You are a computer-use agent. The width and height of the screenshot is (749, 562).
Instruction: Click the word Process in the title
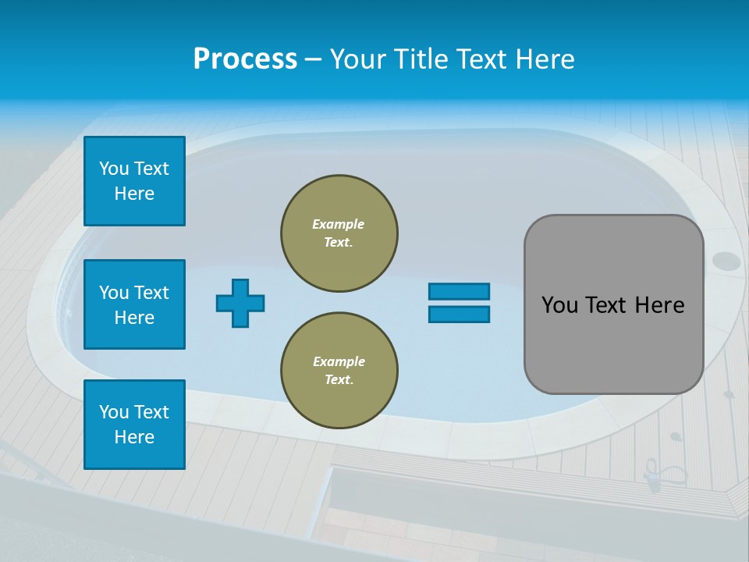[245, 59]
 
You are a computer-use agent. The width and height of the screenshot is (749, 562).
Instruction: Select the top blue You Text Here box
[134, 181]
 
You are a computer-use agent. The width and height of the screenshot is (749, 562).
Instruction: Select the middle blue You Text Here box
[134, 304]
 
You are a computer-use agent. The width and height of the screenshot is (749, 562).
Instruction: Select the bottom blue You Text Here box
[134, 425]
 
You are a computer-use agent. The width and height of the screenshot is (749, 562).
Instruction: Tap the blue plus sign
[240, 303]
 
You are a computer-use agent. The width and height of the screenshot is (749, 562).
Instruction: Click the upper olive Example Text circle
[339, 233]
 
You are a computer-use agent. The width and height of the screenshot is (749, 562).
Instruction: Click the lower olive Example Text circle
[339, 371]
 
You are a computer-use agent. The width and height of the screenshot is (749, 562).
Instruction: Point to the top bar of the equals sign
[459, 291]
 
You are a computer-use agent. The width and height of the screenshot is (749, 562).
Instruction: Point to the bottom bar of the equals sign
[459, 314]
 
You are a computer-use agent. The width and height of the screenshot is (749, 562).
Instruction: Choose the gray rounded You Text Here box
[613, 304]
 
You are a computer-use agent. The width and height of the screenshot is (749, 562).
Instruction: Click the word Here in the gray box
[660, 305]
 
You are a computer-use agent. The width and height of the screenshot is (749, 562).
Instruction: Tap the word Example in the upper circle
[339, 224]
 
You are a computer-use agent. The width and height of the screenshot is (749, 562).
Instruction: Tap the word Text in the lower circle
[339, 379]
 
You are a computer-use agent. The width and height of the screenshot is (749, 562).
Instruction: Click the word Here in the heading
[545, 59]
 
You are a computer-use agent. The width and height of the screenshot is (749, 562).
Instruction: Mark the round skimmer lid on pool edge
[726, 261]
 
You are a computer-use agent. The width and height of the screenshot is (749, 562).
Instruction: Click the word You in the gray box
[560, 305]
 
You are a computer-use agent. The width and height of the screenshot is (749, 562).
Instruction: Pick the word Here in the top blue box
[134, 194]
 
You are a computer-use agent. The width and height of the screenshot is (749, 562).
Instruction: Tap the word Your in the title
[357, 59]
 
